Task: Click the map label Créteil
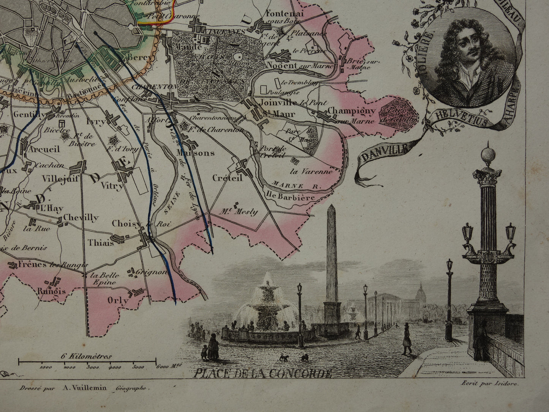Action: tap(228, 178)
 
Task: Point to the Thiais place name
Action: tap(101, 242)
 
